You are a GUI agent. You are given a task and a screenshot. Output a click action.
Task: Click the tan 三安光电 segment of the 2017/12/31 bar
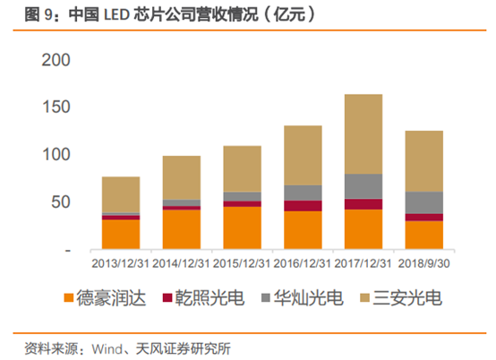pos(363,133)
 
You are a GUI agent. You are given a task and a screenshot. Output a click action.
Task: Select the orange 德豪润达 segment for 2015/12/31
pos(242,227)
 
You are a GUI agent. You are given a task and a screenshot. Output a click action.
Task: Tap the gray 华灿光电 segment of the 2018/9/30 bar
pos(424,202)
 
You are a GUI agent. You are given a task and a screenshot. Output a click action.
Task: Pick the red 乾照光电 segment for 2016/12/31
pos(303,206)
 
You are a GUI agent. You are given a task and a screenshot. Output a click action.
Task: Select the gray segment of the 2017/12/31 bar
pos(363,185)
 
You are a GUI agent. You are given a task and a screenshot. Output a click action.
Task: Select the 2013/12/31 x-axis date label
pos(121,263)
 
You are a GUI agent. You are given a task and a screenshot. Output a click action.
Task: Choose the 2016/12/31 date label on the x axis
pos(303,263)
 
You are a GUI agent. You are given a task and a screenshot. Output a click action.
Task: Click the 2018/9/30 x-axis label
pos(424,263)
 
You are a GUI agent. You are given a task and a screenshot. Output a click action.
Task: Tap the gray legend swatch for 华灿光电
pos(266,296)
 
